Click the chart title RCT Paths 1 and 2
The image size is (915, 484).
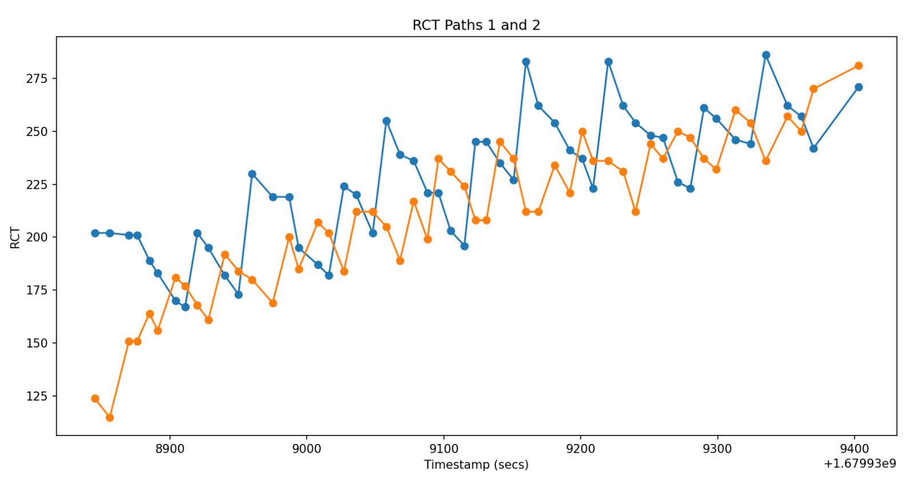[x=476, y=25]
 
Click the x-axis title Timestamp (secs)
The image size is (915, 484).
[x=476, y=465]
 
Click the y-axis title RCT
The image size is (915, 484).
[x=15, y=237]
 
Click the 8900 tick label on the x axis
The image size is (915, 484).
[x=170, y=449]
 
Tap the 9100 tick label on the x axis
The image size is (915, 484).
[x=444, y=449]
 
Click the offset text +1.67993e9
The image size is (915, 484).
[x=860, y=463]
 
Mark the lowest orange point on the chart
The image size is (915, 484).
[x=110, y=418]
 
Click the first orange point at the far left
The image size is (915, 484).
[x=95, y=398]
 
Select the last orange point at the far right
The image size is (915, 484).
[x=858, y=66]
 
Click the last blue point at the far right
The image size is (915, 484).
[x=858, y=87]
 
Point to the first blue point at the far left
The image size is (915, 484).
[x=95, y=233]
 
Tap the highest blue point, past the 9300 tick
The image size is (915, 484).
[x=766, y=55]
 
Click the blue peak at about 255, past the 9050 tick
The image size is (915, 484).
[x=387, y=121]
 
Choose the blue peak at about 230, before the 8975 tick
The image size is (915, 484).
[x=252, y=174]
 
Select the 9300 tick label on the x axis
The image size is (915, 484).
[x=717, y=449]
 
